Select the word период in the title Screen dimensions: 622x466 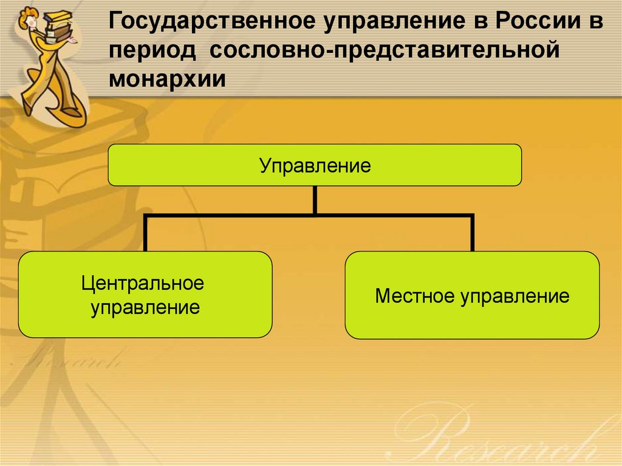pos(152,51)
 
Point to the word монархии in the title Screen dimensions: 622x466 pos(168,78)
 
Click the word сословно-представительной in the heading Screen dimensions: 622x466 pos(384,50)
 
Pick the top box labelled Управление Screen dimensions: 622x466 pos(315,165)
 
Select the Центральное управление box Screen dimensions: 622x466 pos(145,295)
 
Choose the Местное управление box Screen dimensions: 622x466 pos(472,295)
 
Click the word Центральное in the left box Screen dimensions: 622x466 pos(143,283)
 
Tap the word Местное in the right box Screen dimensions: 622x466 pos(415,296)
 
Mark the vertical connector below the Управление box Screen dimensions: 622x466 pos(315,200)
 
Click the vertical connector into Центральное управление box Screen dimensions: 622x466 pos(146,233)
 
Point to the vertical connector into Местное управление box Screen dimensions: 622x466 pos(473,233)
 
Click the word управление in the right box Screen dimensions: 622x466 pos(515,296)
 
